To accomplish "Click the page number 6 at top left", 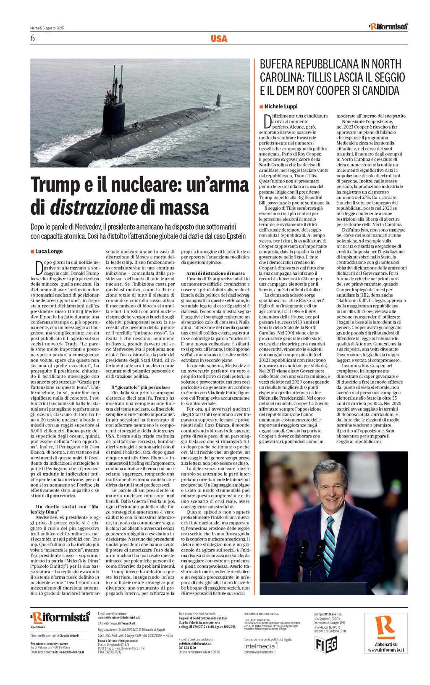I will (33, 39).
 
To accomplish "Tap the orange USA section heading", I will (219, 39).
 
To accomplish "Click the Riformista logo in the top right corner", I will (388, 26).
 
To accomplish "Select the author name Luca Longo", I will (49, 251).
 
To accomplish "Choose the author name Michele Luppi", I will (281, 107).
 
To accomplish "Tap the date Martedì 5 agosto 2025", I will (47, 28).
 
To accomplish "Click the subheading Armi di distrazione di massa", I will (215, 273).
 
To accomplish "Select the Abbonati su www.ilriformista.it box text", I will (386, 647).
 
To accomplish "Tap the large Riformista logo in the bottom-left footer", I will (60, 617).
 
